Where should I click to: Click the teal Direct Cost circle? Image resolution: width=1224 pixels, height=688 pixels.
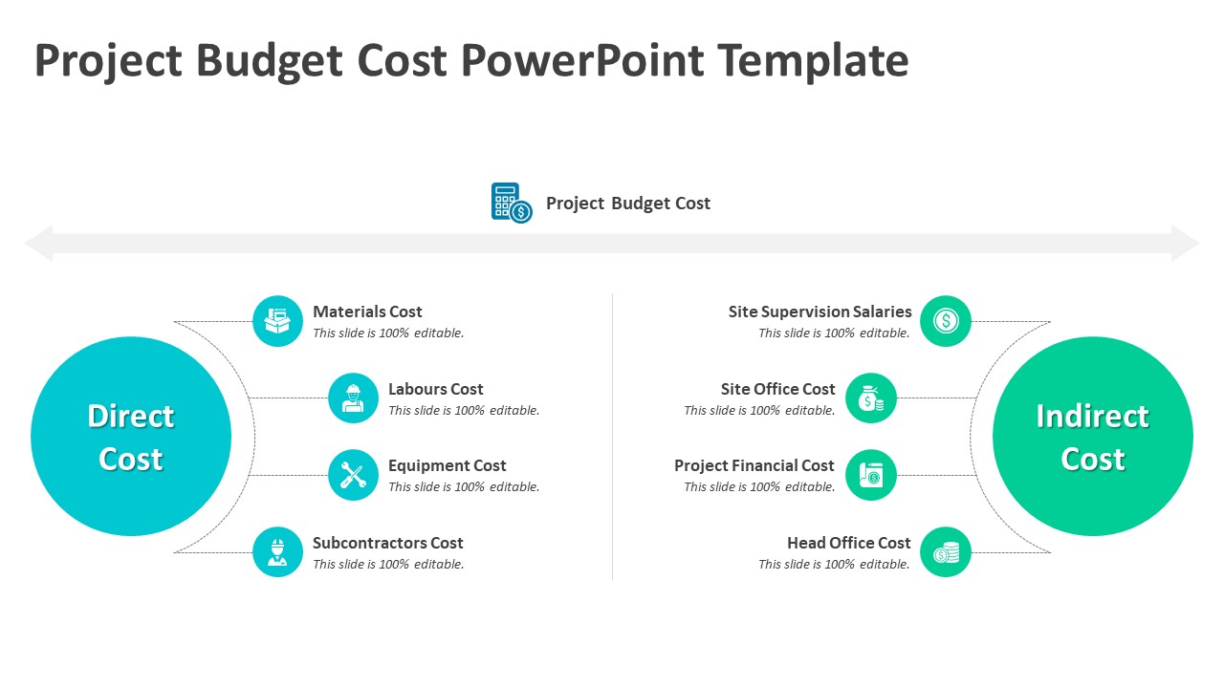pyautogui.click(x=131, y=437)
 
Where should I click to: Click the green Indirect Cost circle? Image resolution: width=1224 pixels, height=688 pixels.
pyautogui.click(x=1093, y=437)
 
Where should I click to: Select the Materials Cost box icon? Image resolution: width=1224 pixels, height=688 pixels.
pyautogui.click(x=278, y=321)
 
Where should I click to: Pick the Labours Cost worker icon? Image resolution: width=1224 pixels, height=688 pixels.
pyautogui.click(x=353, y=398)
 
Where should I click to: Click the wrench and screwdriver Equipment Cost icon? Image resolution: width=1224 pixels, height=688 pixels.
pyautogui.click(x=353, y=475)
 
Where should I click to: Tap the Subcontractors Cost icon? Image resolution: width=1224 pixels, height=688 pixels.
pyautogui.click(x=278, y=552)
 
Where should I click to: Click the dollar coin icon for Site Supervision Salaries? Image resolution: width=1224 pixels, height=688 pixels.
pyautogui.click(x=946, y=321)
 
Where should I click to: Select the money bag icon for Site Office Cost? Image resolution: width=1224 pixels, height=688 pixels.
pyautogui.click(x=871, y=398)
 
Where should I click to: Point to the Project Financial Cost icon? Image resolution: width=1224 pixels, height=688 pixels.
pyautogui.click(x=871, y=475)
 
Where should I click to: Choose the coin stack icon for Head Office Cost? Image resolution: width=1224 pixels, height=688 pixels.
pyautogui.click(x=946, y=552)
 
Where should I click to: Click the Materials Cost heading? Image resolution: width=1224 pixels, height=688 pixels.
pyautogui.click(x=367, y=312)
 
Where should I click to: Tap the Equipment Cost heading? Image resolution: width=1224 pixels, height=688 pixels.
pyautogui.click(x=447, y=465)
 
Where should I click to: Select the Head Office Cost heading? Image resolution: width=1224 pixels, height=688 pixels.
pyautogui.click(x=848, y=543)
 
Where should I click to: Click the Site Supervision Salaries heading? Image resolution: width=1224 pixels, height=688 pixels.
pyautogui.click(x=820, y=312)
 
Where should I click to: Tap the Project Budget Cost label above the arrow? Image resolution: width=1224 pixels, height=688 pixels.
pyautogui.click(x=627, y=204)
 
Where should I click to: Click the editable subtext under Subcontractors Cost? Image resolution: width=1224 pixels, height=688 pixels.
pyautogui.click(x=388, y=565)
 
